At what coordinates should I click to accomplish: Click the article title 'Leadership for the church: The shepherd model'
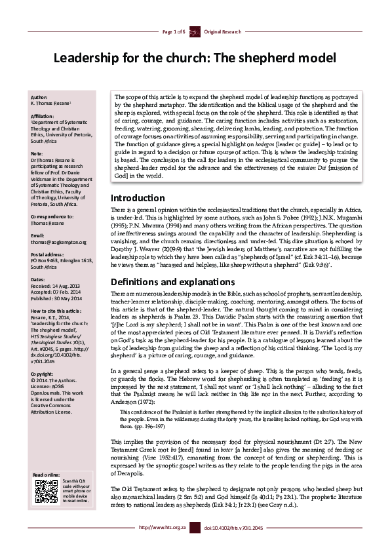(195, 58)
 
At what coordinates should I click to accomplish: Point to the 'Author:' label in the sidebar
(39, 96)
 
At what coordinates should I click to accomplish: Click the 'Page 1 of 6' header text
(172, 31)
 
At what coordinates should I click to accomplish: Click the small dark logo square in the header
(194, 31)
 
